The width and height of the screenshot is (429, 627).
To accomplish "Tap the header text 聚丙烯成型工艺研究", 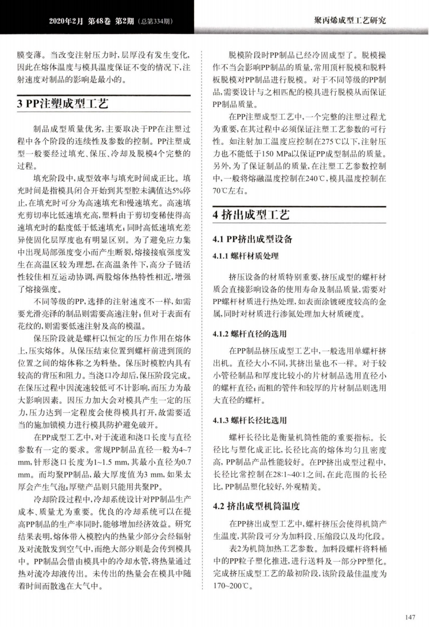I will point(350,21).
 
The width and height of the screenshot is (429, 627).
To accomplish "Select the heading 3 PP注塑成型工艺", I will point(64,104).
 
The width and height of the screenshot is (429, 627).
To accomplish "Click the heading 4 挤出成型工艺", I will point(251,216).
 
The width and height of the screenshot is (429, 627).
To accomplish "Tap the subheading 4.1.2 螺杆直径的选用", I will point(249,334).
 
